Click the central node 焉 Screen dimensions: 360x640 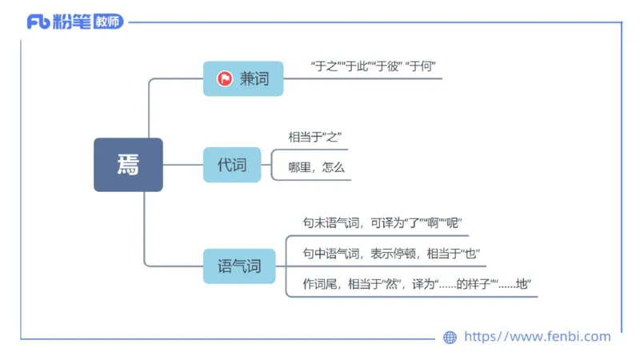pos(128,165)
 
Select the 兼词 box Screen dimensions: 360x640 pos(243,78)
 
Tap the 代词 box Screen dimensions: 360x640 pos(232,165)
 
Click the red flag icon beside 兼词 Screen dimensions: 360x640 pos(225,78)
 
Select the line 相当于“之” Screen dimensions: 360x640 pos(315,137)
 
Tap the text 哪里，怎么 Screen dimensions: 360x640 pos(315,168)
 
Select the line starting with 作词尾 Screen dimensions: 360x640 pos(417,284)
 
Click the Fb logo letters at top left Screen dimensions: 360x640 pos(38,22)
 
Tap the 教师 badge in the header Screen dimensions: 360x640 pos(109,22)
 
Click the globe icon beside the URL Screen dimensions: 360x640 pos(450,337)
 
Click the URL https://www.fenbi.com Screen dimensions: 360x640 pos(538,337)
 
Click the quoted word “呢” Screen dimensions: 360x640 pos(453,222)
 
